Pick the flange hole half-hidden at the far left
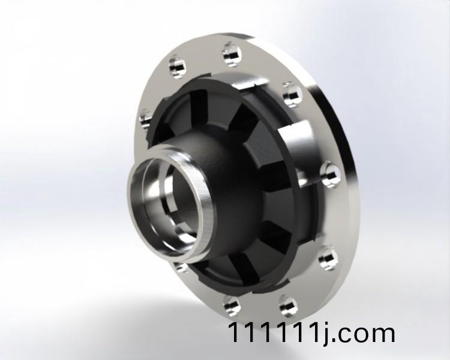click(145, 120)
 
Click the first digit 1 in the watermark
click(232, 332)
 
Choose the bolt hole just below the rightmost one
click(327, 257)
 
